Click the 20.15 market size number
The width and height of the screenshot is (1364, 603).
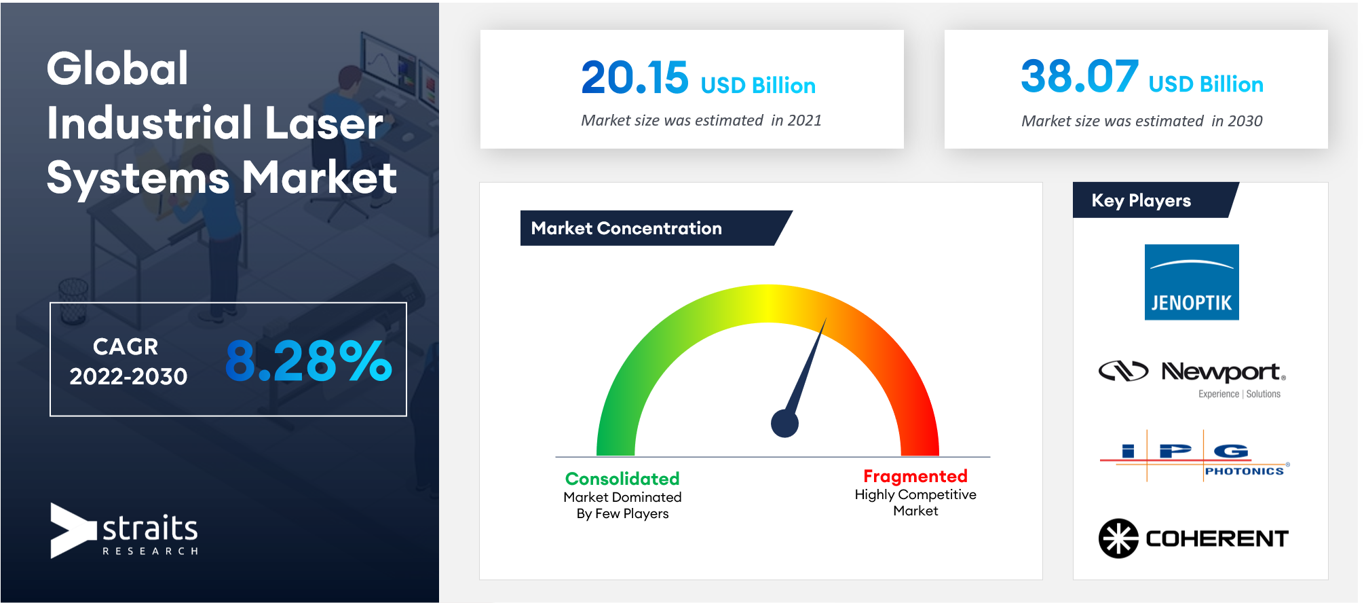pos(634,77)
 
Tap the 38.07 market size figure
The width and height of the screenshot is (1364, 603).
pos(1080,76)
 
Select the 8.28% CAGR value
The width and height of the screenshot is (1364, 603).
pos(309,361)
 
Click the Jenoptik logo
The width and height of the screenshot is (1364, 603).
pos(1192,282)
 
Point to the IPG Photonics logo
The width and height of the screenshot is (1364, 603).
pos(1194,456)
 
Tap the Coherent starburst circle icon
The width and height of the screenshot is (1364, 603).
pos(1118,538)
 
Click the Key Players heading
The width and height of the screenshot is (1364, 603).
pos(1141,200)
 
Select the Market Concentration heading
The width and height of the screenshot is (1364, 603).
pos(626,228)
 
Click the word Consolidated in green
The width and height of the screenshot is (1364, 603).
pos(622,479)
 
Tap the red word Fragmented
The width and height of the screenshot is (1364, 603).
pos(915,476)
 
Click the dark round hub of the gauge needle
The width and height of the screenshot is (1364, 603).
pos(784,424)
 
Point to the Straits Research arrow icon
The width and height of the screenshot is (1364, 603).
pos(73,530)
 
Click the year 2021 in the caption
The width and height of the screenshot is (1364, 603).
pos(805,120)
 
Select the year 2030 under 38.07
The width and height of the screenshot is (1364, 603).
pos(1245,121)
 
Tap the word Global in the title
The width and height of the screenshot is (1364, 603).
pos(117,69)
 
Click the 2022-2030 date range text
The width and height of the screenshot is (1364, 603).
pos(128,376)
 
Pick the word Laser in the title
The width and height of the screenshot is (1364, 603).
pos(324,123)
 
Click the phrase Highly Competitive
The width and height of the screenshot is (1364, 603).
pos(915,494)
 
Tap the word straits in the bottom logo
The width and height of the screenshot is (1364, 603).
pos(150,528)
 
